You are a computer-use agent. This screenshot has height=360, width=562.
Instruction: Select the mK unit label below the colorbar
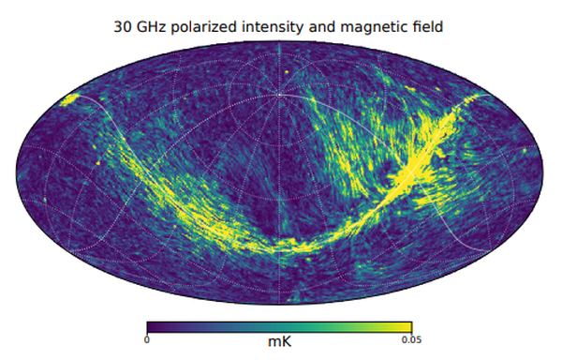click(280, 342)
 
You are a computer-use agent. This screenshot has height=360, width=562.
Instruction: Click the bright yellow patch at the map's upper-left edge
click(68, 100)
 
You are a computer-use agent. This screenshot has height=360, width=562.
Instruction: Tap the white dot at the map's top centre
click(280, 94)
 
